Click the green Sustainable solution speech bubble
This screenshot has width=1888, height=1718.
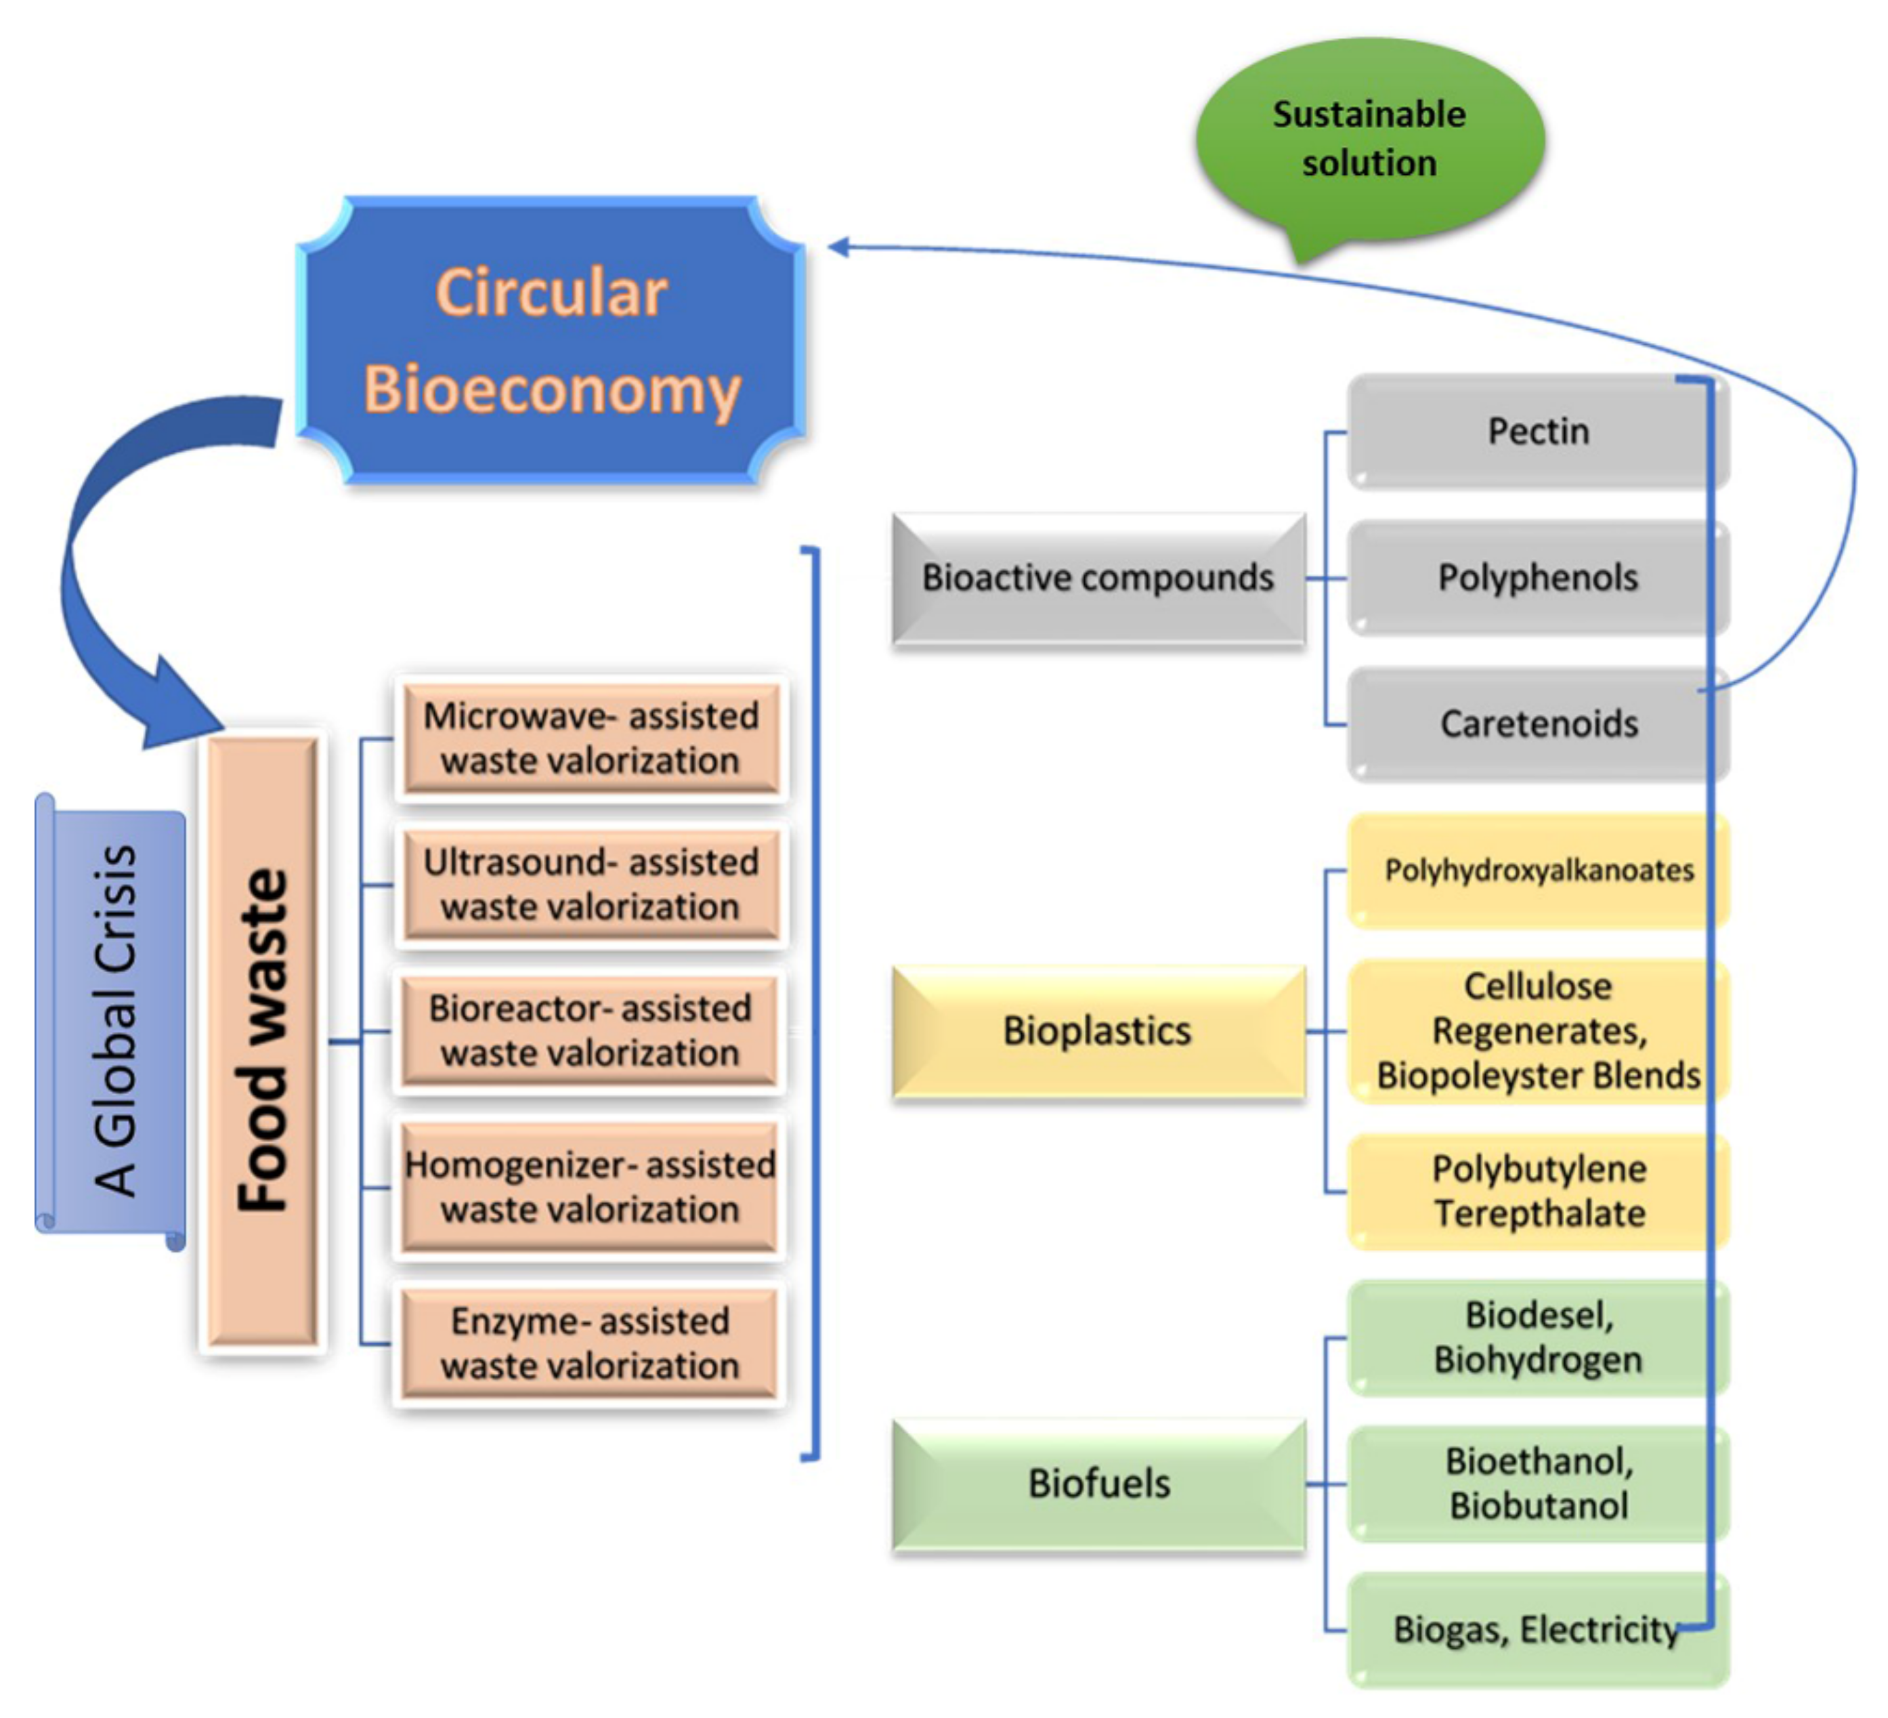coord(1369,140)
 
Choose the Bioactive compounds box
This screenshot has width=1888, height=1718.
coord(1098,578)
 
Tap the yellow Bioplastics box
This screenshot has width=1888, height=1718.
coord(1098,1031)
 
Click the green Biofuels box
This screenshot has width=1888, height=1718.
coord(1098,1484)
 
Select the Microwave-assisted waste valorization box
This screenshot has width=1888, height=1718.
coord(590,738)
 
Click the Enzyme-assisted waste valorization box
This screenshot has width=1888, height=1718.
coord(590,1343)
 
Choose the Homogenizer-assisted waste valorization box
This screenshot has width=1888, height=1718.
coord(590,1187)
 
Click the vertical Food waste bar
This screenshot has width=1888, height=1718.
coord(262,1040)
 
